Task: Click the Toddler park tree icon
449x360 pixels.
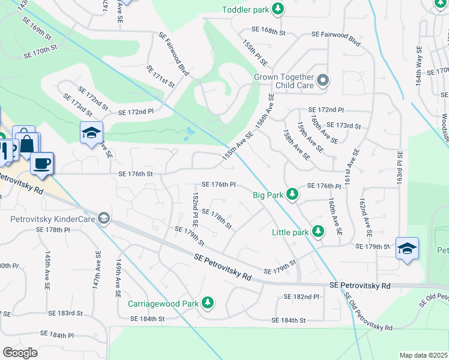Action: point(277,8)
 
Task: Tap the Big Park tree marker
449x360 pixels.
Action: point(292,194)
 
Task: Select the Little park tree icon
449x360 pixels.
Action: point(318,232)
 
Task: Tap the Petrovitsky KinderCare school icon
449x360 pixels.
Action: point(104,218)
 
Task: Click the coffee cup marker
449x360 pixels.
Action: point(41,164)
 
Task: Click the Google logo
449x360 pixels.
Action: point(20,353)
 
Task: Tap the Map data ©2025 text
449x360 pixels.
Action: point(423,355)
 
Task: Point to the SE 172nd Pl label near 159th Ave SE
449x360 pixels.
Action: point(326,110)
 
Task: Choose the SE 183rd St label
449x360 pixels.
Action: point(65,313)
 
